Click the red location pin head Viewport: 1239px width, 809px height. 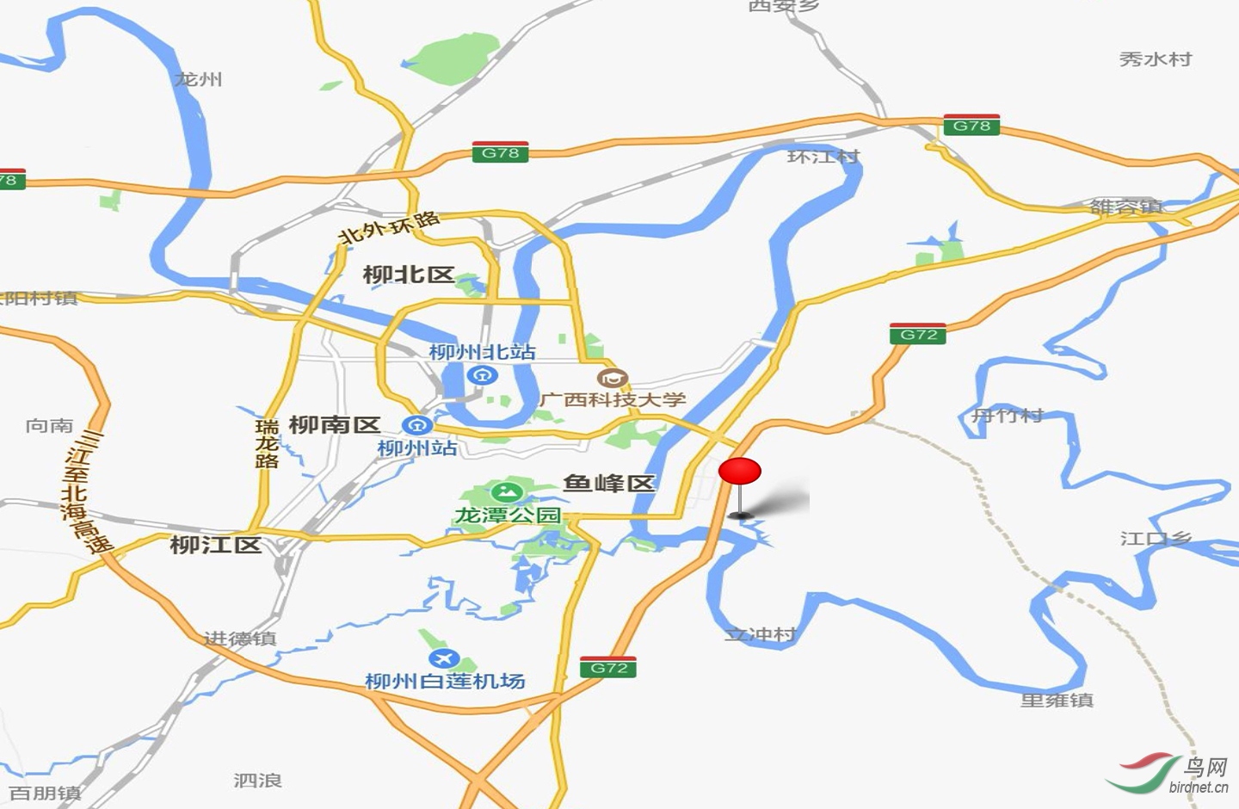(x=740, y=471)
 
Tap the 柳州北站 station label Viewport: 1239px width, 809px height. (x=482, y=351)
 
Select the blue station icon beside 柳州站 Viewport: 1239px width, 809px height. (x=417, y=424)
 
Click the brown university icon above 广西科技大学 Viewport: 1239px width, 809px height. (x=613, y=377)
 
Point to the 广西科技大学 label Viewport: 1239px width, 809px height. (x=613, y=399)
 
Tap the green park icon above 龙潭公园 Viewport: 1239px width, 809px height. (x=506, y=492)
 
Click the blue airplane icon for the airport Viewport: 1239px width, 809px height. (x=444, y=658)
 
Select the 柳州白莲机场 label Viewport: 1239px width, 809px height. (x=445, y=681)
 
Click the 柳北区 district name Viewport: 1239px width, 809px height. (x=409, y=275)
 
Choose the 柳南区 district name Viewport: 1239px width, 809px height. (x=334, y=424)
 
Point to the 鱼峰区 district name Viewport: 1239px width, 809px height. (x=609, y=483)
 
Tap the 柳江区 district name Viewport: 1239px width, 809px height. (x=215, y=545)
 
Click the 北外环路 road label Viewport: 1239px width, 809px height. (x=389, y=227)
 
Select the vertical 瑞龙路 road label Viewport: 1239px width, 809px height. (x=267, y=443)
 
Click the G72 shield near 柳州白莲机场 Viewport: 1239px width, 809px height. (x=608, y=667)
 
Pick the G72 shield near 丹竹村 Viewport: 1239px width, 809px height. (x=918, y=334)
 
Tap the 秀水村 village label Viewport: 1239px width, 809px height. (x=1156, y=59)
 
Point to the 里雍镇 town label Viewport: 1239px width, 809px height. (x=1057, y=700)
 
